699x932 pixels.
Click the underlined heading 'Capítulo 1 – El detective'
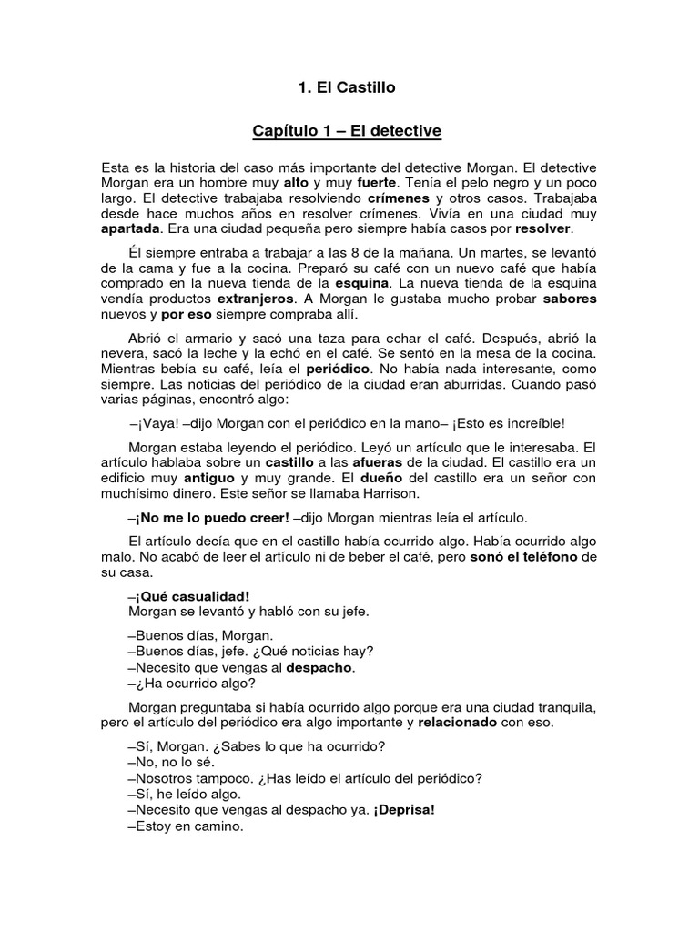tap(347, 132)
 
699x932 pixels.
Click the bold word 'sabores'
tap(570, 299)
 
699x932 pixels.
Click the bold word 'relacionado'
tap(458, 723)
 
